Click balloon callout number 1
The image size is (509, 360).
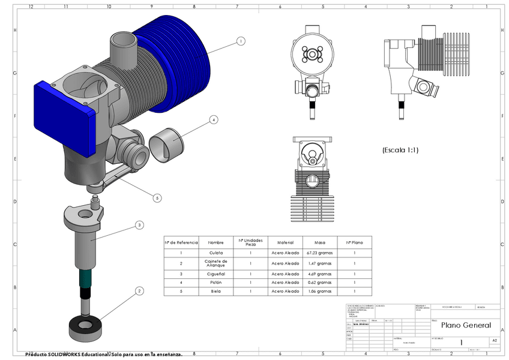coord(241,41)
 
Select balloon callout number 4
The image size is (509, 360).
coord(213,120)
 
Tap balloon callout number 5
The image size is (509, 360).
coord(157,197)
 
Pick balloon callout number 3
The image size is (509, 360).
coord(139,225)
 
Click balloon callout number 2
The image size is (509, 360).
coord(139,291)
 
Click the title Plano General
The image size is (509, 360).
coord(466,325)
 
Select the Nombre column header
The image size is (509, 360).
coord(215,242)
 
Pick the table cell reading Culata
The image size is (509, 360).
coord(215,253)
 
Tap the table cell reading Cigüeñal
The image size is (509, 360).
coord(215,274)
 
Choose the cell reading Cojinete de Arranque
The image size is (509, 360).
coord(215,263)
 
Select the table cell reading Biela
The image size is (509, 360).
coord(215,291)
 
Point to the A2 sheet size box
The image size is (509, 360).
coord(494,340)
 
